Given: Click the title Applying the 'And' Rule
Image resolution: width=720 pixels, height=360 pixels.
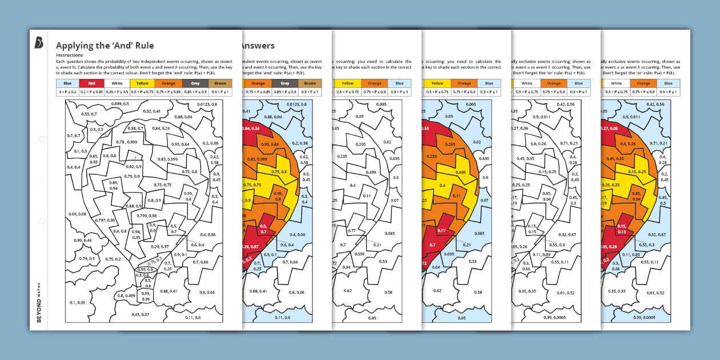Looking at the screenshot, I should coord(105,45).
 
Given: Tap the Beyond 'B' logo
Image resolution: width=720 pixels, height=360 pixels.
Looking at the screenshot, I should coord(39,42).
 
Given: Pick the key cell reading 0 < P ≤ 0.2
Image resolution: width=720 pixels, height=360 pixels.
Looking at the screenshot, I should coord(69,91).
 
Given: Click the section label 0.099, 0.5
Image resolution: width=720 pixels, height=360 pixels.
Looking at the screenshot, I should coord(120,103).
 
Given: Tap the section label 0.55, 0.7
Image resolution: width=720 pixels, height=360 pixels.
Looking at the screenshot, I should coord(89,114).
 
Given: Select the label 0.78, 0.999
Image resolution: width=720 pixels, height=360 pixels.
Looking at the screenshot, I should coord(127,142).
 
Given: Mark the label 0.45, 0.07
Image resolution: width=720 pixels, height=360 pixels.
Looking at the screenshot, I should coord(140,314).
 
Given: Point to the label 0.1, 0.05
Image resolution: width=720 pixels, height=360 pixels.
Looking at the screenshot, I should coord(77,302).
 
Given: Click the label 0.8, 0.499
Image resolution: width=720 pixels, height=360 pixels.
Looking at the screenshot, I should coord(126,295).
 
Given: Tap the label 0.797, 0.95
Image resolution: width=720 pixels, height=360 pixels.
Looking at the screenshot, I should coord(106,220).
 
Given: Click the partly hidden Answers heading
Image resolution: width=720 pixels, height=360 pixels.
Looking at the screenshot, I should coord(258,46).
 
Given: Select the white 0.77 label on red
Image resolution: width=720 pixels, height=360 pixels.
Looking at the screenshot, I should coord(441,230).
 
